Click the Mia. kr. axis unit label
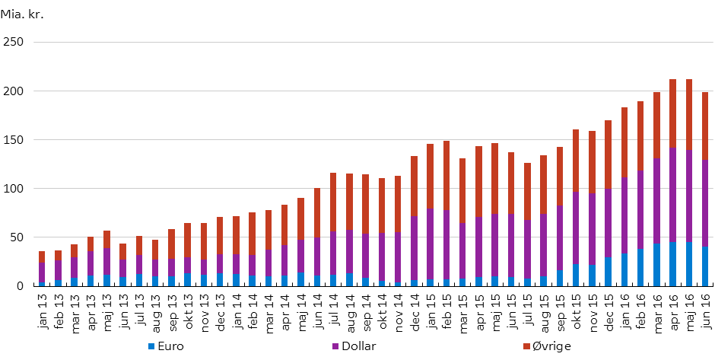(x=22, y=14)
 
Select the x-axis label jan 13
(x=42, y=305)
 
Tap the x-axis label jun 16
(x=706, y=305)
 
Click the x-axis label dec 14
(x=414, y=305)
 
